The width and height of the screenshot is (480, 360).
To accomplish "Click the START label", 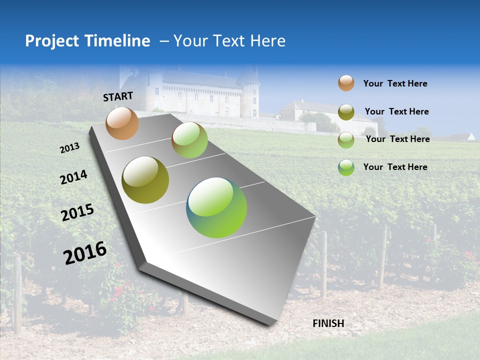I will click(118, 96).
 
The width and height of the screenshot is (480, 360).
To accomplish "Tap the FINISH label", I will click(328, 323).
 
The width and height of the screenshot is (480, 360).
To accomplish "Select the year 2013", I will click(70, 147).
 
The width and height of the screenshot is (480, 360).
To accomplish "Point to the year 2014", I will click(73, 177).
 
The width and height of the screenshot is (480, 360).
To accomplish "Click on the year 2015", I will click(77, 212).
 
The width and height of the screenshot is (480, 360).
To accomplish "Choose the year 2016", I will click(85, 252).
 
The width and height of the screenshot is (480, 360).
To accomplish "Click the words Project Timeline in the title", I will click(87, 41).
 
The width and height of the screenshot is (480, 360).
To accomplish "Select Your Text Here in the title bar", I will click(229, 41).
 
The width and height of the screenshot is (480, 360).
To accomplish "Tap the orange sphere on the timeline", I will click(122, 123).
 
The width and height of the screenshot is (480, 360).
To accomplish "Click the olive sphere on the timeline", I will click(145, 180).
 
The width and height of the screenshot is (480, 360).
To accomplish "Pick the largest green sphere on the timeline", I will click(216, 207).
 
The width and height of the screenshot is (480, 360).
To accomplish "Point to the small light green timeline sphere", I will click(189, 140).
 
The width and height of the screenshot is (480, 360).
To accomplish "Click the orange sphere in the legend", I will click(346, 83).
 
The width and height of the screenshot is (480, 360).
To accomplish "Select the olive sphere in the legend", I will click(346, 112).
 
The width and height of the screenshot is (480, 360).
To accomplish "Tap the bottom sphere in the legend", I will click(346, 167).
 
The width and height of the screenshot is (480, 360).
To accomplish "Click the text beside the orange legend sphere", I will click(395, 83).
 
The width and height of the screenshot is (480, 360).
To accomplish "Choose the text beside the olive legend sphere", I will click(396, 111).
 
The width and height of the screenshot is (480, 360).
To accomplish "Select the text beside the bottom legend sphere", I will click(395, 167).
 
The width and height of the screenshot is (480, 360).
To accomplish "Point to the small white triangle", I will click(471, 136).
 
